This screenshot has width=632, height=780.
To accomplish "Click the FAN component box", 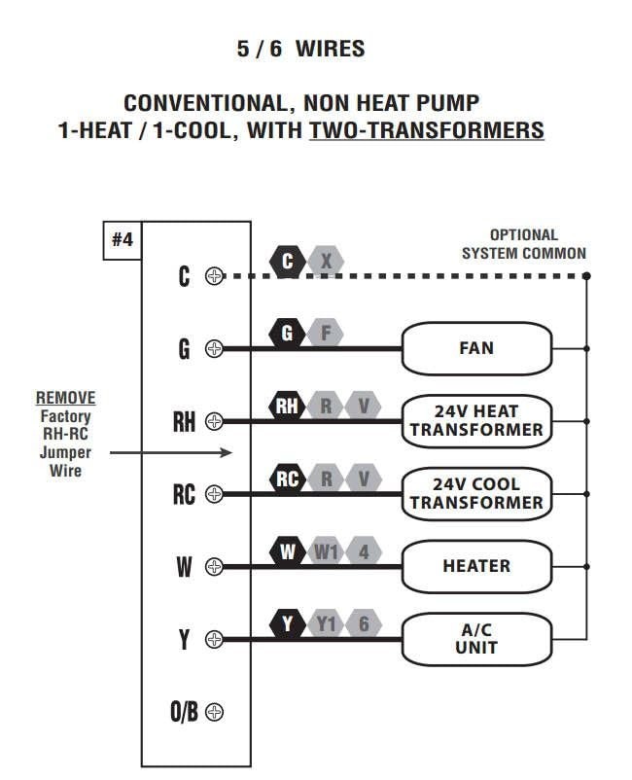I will click(476, 348).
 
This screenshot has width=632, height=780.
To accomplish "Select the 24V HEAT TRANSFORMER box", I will click(476, 420).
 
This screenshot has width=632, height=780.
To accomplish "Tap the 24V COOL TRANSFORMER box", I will click(476, 493).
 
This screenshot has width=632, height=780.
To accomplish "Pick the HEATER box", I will click(476, 566).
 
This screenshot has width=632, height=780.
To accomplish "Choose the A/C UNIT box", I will click(476, 639).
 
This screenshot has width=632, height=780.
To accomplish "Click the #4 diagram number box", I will click(123, 240).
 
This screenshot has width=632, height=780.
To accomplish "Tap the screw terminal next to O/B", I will click(215, 712).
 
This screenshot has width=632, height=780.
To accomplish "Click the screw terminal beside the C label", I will click(215, 276).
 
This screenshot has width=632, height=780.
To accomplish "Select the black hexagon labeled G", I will click(287, 335).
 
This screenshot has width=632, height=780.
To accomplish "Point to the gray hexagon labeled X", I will click(327, 262).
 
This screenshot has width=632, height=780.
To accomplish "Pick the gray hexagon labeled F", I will click(326, 335).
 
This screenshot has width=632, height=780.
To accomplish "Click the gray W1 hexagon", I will click(326, 552).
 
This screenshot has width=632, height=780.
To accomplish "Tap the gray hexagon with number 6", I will click(364, 624).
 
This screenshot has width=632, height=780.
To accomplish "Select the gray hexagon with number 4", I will click(364, 552).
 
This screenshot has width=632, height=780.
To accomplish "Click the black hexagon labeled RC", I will click(288, 479).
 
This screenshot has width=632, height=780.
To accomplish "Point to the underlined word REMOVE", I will click(66, 399).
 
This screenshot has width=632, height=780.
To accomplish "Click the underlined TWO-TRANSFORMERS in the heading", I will click(426, 129).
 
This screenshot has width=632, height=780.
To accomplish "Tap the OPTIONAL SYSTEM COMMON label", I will click(523, 244).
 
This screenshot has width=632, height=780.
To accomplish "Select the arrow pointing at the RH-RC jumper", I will click(171, 452).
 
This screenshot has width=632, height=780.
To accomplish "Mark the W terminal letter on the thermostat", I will click(184, 567).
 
